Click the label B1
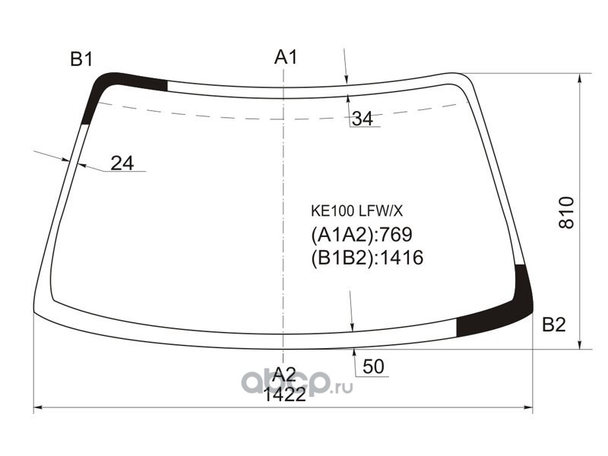(x=81, y=59)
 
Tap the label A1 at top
(x=286, y=57)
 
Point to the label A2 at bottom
(x=283, y=373)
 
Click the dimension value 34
(x=363, y=119)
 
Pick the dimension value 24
(x=122, y=163)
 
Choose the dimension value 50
(x=373, y=367)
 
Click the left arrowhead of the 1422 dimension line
(x=38, y=409)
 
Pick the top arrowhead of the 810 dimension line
(x=582, y=77)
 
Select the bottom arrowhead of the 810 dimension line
(x=582, y=346)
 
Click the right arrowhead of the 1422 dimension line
(x=529, y=409)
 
